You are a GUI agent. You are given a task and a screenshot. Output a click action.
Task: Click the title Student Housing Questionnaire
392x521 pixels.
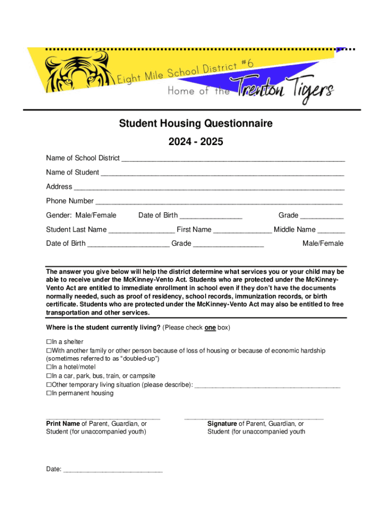pyautogui.click(x=195, y=124)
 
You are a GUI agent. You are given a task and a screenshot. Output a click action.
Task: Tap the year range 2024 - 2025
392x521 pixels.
pyautogui.click(x=195, y=142)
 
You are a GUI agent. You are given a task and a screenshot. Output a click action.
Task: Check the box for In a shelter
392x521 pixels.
pyautogui.click(x=49, y=342)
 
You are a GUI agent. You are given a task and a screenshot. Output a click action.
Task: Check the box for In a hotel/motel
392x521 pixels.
pyautogui.click(x=49, y=367)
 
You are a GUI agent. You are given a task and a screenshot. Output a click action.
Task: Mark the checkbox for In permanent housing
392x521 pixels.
pyautogui.click(x=49, y=393)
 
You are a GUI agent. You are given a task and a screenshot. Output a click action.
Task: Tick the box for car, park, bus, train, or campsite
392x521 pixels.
pyautogui.click(x=49, y=376)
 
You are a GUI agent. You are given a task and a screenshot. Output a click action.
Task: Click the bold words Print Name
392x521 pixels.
pyautogui.click(x=63, y=423)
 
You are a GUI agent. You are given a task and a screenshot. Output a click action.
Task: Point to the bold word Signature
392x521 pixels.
pyautogui.click(x=222, y=423)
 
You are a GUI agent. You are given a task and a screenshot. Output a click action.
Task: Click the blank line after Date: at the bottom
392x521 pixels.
pyautogui.click(x=113, y=470)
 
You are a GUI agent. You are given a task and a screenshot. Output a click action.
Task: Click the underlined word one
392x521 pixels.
pyautogui.click(x=210, y=328)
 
